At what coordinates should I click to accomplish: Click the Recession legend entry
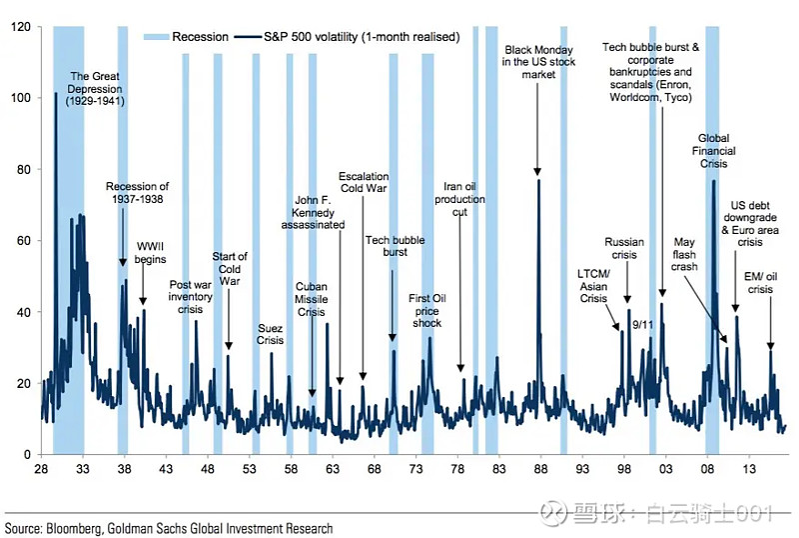pos(201,37)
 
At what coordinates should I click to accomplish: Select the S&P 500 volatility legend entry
pos(360,37)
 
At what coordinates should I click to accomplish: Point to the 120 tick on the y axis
pos(20,27)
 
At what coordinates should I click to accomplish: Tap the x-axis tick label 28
pos(41,468)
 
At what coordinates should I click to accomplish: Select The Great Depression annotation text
pos(96,88)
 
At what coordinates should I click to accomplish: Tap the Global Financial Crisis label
pos(716,150)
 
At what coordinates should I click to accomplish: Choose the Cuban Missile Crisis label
pos(312,299)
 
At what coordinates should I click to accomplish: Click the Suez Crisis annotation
pos(270,334)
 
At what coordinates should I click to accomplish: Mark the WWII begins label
pos(151,252)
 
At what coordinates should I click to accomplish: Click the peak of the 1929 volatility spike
pos(56,94)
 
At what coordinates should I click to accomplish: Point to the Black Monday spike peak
pos(539,180)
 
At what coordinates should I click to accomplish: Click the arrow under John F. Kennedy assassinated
pos(340,305)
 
